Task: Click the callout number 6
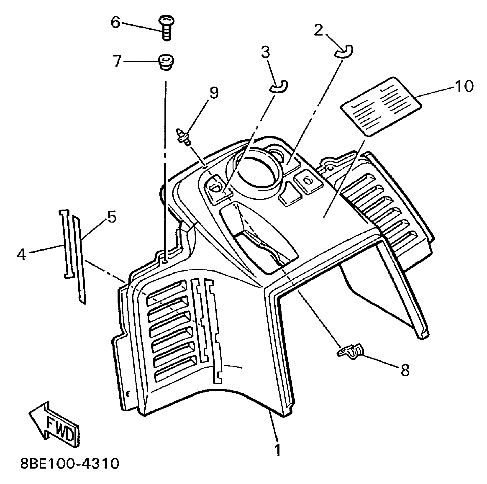click(115, 22)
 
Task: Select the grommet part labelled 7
click(166, 62)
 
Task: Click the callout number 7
click(117, 61)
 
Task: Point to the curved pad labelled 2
click(344, 52)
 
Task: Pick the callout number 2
click(318, 30)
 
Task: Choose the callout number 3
click(265, 52)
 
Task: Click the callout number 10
click(464, 86)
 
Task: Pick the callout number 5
click(112, 217)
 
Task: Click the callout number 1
click(277, 450)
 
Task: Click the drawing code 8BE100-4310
click(70, 464)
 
